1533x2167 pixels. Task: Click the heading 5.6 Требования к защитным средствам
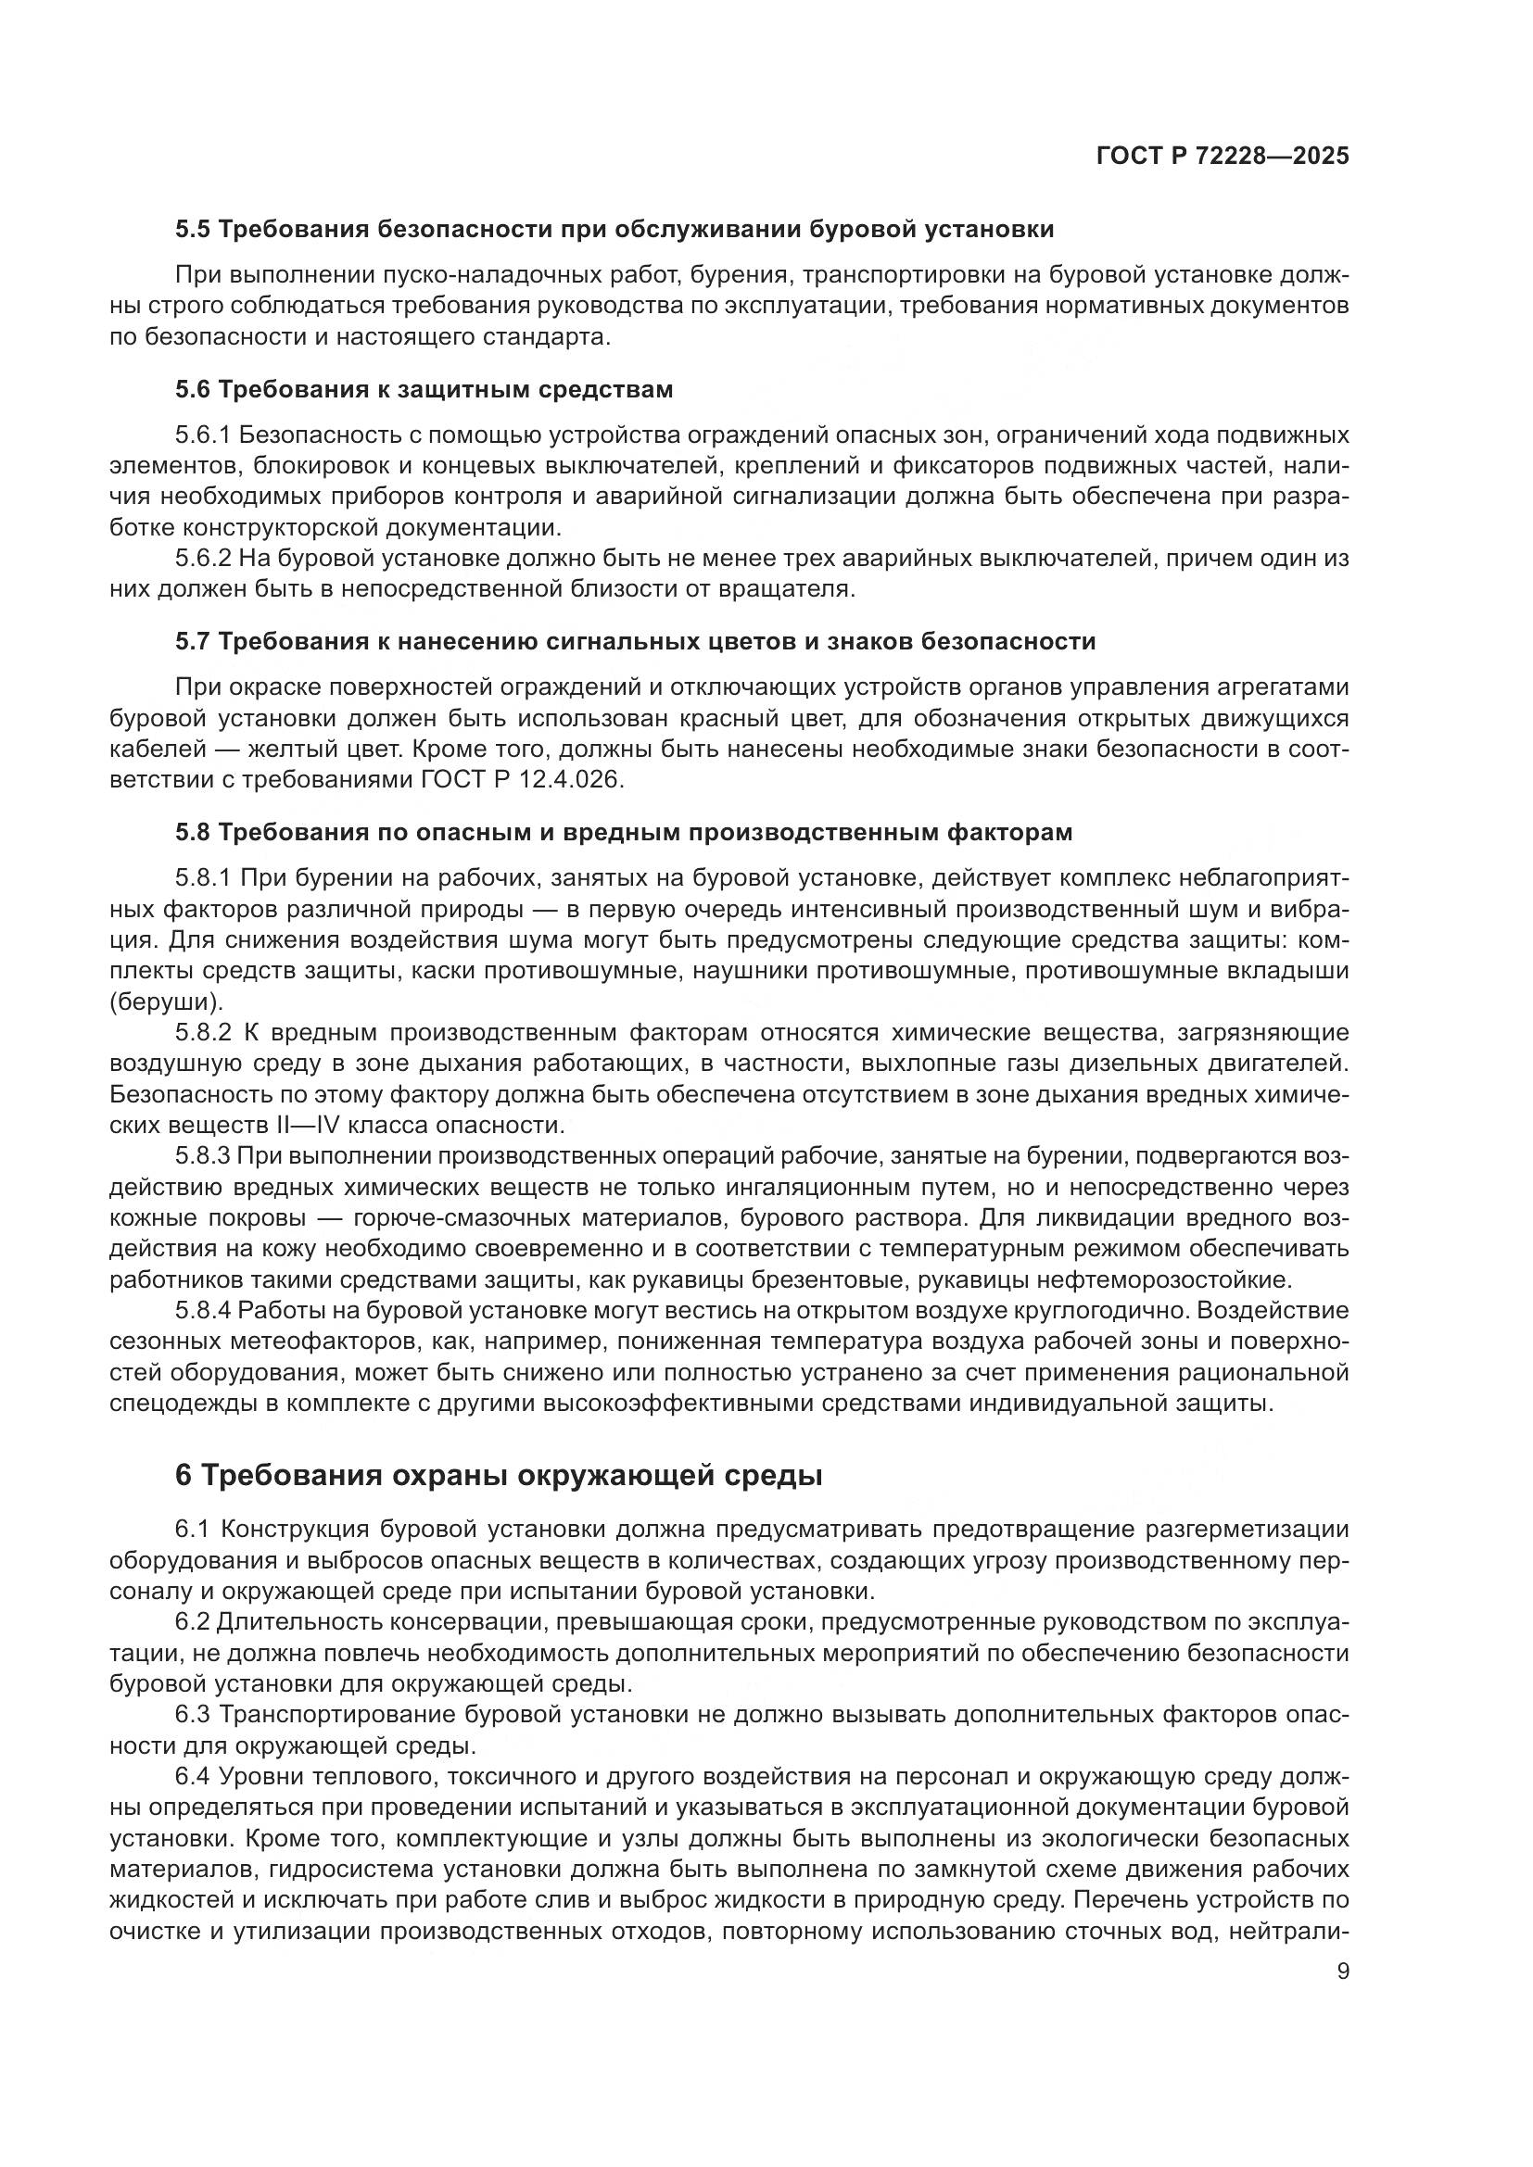click(x=424, y=390)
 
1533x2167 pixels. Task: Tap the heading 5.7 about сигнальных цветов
click(x=634, y=642)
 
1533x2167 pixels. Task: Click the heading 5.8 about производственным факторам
click(x=623, y=833)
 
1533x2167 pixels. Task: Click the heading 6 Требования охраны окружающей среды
click(x=498, y=1476)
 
